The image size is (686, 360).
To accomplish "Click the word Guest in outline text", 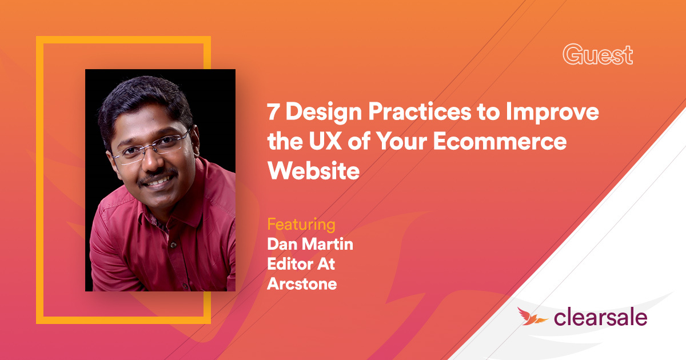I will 597,55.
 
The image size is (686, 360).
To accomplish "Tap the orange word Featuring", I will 301,223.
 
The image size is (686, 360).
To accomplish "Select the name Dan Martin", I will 309,245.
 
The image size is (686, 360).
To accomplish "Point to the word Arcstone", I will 302,283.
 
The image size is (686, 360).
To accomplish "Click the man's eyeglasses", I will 150,148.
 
